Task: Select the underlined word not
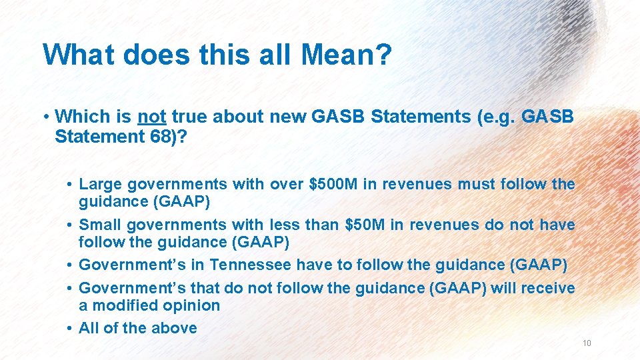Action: point(151,116)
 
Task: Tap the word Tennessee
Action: point(251,265)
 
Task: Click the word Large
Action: point(99,184)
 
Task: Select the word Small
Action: point(100,225)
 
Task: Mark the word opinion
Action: point(196,305)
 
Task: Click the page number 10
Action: point(587,343)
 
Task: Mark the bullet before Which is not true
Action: point(47,116)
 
